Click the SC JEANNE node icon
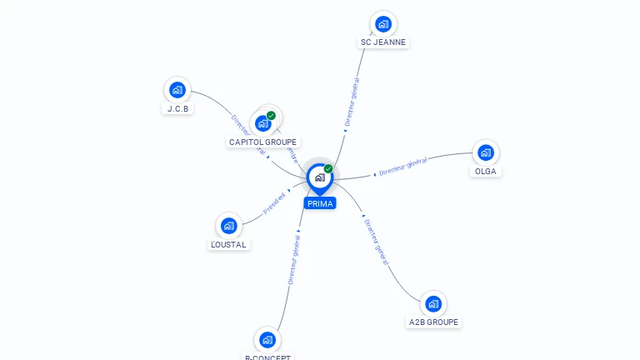click(382, 23)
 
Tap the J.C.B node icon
click(177, 90)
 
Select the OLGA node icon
click(486, 152)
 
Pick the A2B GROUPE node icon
click(433, 303)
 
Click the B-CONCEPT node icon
click(267, 339)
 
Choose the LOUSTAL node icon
click(229, 225)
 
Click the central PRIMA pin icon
click(319, 177)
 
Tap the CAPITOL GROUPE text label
click(262, 142)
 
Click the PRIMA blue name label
click(319, 203)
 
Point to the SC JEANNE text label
click(384, 42)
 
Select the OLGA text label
click(486, 171)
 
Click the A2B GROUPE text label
click(433, 322)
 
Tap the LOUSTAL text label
click(229, 244)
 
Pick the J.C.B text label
click(177, 108)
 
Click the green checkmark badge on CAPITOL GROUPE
click(271, 116)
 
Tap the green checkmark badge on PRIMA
click(328, 168)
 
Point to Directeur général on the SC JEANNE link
click(352, 102)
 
